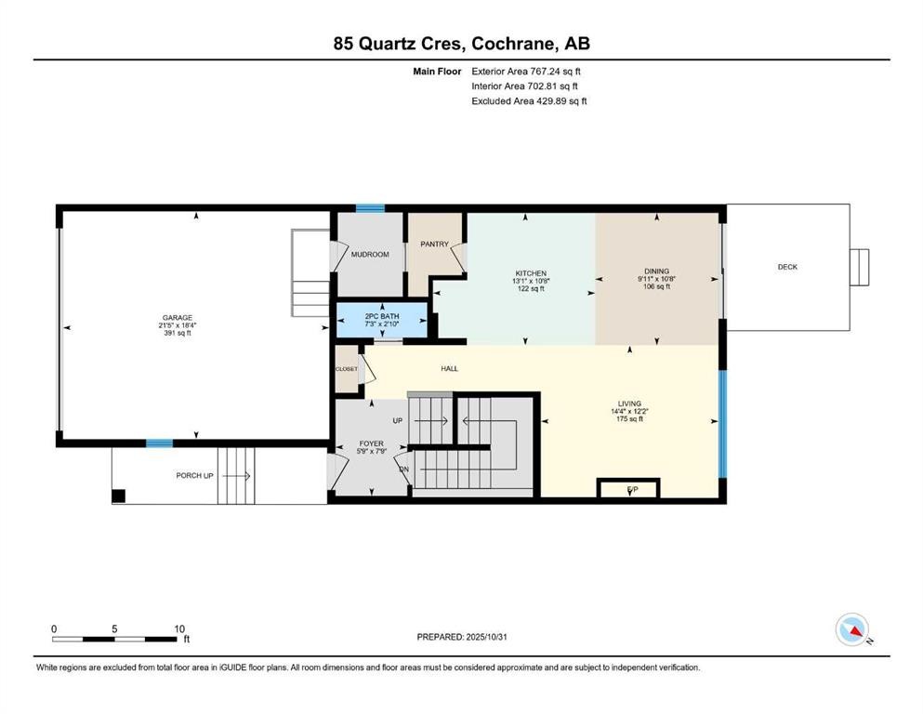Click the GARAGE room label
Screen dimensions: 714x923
(178, 318)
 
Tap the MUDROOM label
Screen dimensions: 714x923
(370, 254)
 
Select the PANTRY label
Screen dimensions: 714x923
(434, 245)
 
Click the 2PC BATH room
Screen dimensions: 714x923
(381, 317)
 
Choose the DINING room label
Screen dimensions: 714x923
(656, 271)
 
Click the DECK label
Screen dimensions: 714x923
(787, 268)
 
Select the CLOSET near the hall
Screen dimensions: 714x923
(346, 369)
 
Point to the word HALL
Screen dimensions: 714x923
(449, 369)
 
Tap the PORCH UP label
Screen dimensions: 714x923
(195, 476)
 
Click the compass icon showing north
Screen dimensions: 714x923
(852, 629)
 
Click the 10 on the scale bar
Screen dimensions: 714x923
(180, 628)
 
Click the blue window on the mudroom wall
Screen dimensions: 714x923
(370, 208)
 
